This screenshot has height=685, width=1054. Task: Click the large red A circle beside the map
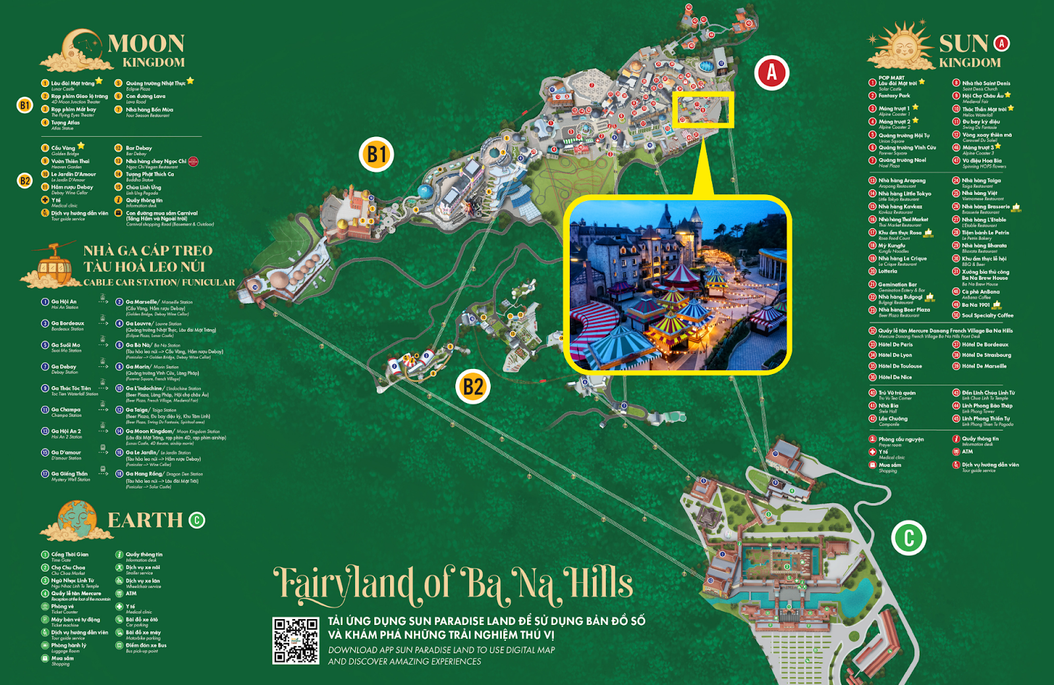pos(771,72)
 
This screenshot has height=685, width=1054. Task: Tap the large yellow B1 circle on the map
pos(376,155)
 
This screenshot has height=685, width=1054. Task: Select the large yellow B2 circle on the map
pos(473,386)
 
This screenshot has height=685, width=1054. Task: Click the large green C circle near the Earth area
pos(909,537)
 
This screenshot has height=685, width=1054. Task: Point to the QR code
pos(296,640)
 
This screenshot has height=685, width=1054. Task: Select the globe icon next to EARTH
pos(77,519)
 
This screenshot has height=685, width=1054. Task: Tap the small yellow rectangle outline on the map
pos(704,109)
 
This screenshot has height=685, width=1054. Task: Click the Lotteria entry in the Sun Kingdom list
pos(887,271)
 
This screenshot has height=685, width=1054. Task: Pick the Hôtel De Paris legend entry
pos(895,344)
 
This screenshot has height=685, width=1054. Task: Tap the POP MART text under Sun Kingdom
pos(891,78)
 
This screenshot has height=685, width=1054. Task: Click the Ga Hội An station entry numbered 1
pos(64,304)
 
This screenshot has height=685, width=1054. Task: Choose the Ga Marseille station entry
pos(141,302)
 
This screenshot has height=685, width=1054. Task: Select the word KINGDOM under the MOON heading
pos(153,63)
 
